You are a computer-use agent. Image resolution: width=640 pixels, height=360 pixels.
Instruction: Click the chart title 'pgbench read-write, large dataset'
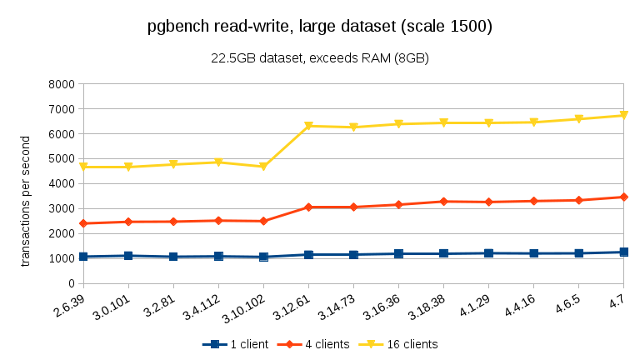click(x=320, y=27)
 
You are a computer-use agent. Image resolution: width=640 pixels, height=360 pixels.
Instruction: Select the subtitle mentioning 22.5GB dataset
click(x=320, y=58)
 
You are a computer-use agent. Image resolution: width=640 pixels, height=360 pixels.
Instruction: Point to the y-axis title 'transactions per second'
click(x=25, y=200)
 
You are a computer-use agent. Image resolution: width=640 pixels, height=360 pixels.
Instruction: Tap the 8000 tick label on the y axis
click(x=62, y=84)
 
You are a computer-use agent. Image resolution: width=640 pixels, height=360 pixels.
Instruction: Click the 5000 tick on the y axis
click(x=62, y=159)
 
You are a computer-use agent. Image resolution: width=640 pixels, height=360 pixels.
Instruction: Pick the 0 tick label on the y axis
click(x=70, y=283)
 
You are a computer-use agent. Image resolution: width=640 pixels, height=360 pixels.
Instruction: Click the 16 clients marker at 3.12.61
click(x=308, y=126)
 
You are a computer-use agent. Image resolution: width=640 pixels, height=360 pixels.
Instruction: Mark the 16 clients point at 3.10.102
click(x=263, y=167)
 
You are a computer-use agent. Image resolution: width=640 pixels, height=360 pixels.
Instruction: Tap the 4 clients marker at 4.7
click(x=623, y=197)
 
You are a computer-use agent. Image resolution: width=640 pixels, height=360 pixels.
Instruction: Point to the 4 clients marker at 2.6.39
click(x=83, y=223)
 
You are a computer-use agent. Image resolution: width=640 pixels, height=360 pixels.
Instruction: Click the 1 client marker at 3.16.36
click(x=398, y=253)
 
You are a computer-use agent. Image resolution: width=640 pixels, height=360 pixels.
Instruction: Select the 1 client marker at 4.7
click(x=623, y=252)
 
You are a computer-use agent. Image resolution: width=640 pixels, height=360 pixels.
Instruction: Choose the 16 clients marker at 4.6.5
click(x=578, y=119)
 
